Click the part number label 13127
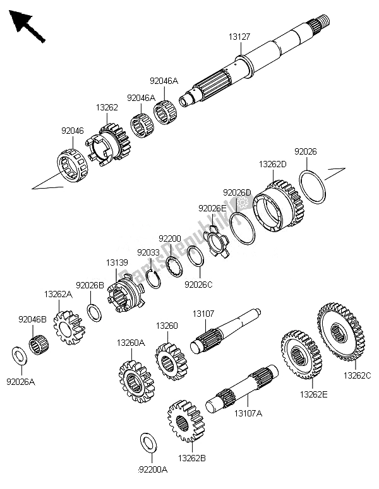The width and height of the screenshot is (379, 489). (239, 37)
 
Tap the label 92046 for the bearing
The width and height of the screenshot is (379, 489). (71, 131)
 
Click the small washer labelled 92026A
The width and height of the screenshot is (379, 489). (19, 355)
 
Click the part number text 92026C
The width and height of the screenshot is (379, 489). (198, 283)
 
